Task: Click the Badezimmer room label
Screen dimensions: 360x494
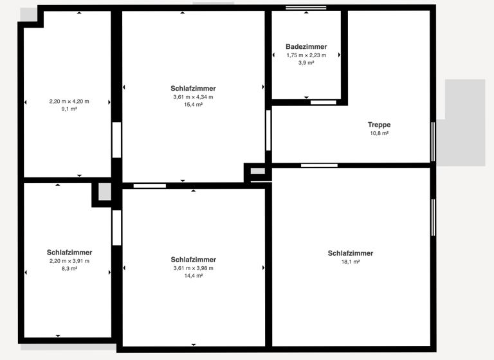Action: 306,47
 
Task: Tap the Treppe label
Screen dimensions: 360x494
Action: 379,125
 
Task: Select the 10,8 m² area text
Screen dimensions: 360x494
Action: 379,134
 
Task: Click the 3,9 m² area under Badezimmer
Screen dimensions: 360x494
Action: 306,63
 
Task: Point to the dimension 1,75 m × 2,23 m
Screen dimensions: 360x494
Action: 306,55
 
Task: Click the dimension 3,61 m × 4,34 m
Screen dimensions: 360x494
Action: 193,97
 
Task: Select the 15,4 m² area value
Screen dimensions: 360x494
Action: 193,105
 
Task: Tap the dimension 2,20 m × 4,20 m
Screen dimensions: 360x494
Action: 69,102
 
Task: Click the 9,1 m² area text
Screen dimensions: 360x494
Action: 69,109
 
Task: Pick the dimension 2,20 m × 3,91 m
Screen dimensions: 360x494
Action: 69,261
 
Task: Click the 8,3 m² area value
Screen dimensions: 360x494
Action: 69,269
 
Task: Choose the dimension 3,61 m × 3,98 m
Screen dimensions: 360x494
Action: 193,268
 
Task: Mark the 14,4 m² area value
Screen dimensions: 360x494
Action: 193,276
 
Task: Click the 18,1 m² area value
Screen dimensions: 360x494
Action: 350,262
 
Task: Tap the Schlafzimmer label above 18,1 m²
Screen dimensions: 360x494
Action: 350,253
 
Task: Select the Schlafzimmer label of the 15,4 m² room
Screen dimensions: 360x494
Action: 193,88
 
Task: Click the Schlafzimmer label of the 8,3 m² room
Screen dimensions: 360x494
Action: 69,252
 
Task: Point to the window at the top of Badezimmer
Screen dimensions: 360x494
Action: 306,8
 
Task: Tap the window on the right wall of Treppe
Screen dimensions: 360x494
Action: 434,141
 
